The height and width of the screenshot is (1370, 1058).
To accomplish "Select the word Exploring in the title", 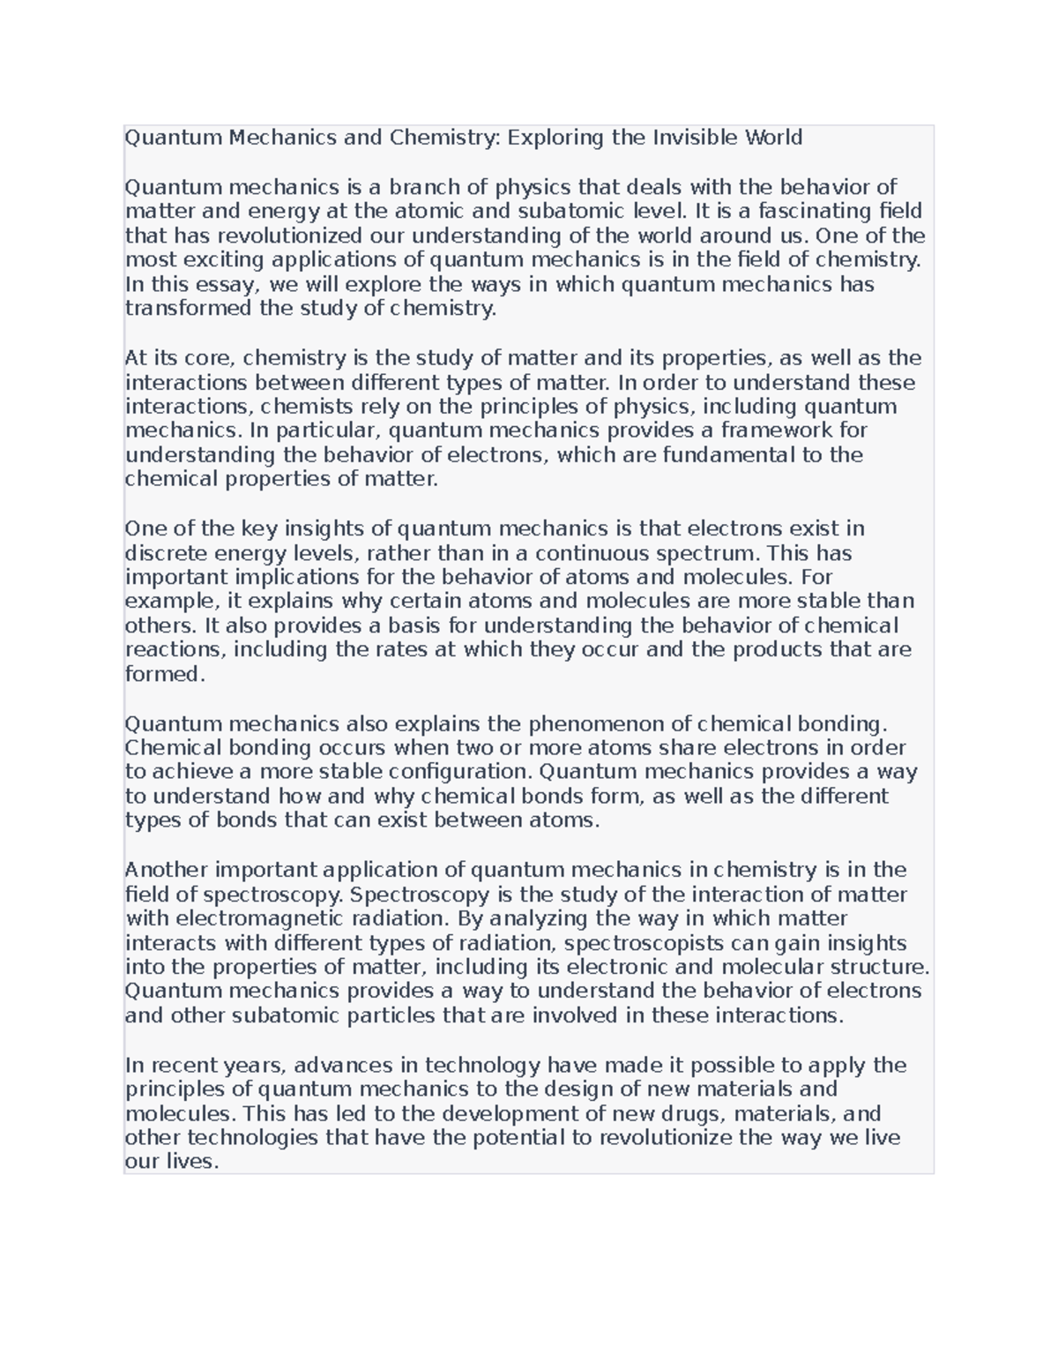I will [x=556, y=138].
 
